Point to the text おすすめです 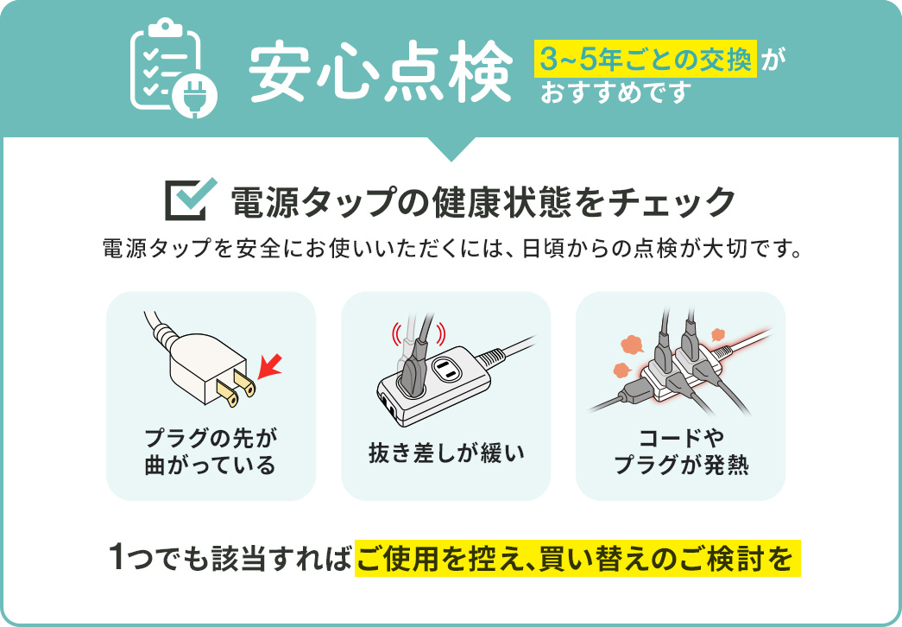(x=616, y=92)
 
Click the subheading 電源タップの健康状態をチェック (x=483, y=201)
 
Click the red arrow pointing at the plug (x=271, y=366)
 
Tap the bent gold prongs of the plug (x=237, y=389)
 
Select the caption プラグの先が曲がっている (x=211, y=451)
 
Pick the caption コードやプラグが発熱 (x=680, y=451)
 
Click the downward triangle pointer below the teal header (x=451, y=149)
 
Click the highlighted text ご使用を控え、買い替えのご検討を (x=577, y=559)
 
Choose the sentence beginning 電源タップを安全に (x=451, y=249)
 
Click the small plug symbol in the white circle (x=196, y=94)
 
